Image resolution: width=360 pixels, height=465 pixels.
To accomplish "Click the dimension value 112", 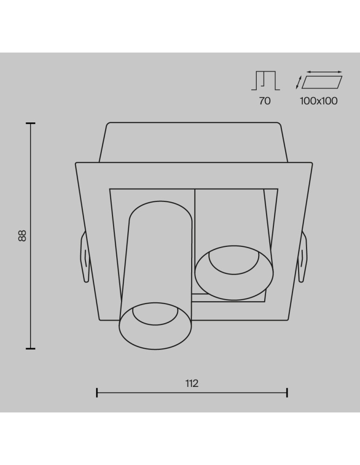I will point(192,384).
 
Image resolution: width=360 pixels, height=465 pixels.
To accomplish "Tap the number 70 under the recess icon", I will point(265,101).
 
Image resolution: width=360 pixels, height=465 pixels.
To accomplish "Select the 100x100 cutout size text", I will point(319,101).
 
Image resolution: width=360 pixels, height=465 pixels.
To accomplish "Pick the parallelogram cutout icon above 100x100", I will point(322,82).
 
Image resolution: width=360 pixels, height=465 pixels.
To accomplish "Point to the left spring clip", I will point(85,257).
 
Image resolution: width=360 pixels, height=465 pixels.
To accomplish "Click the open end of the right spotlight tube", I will point(233,271).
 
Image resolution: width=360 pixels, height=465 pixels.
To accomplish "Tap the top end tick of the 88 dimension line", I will point(31,123).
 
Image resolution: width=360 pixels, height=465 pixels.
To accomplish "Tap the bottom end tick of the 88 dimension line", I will point(31,348).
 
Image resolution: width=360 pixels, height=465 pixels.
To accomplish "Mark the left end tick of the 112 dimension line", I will point(97,393).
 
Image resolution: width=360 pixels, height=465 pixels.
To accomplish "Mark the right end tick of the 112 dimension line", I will point(287,393).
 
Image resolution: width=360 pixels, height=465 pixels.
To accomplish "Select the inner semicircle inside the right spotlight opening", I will point(234,260).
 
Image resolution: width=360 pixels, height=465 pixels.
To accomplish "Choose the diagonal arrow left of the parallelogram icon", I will point(299,82).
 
